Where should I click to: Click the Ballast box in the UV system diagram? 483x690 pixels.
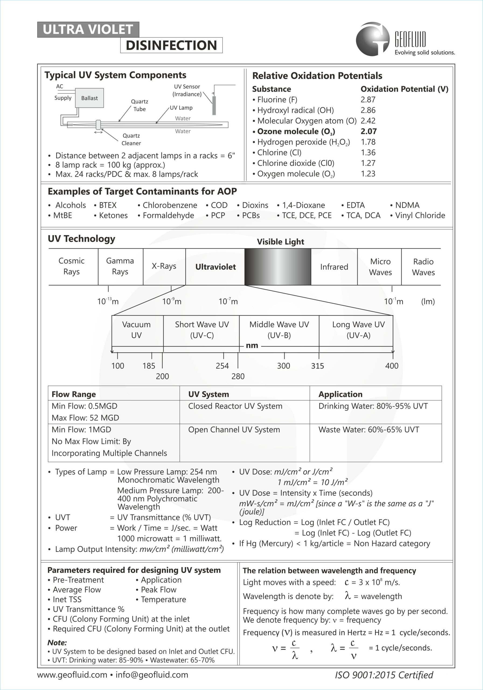tap(89, 98)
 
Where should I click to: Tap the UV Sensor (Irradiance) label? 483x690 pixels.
tap(187, 90)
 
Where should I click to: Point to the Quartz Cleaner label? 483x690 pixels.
tap(131, 139)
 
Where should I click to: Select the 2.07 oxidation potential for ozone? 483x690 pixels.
tap(369, 131)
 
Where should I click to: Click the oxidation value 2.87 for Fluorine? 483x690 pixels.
tap(368, 99)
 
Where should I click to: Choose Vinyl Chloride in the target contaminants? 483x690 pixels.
tap(420, 215)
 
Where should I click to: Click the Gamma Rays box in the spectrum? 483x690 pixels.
tap(120, 266)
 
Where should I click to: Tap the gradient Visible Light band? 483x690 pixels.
tap(277, 267)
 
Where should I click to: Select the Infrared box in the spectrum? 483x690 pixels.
tap(334, 267)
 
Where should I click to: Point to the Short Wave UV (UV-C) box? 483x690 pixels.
tap(201, 330)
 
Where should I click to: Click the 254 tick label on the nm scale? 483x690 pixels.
tap(222, 366)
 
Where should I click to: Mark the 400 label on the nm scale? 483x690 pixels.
tap(392, 366)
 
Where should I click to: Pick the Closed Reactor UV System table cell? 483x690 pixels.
tap(235, 406)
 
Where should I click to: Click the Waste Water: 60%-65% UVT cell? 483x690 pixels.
tap(369, 429)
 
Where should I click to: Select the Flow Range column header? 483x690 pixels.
tap(74, 394)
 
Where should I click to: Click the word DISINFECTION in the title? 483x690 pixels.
tap(171, 45)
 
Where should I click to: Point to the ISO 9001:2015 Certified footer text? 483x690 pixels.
tap(384, 675)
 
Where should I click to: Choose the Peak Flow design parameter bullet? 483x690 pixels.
tap(158, 590)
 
